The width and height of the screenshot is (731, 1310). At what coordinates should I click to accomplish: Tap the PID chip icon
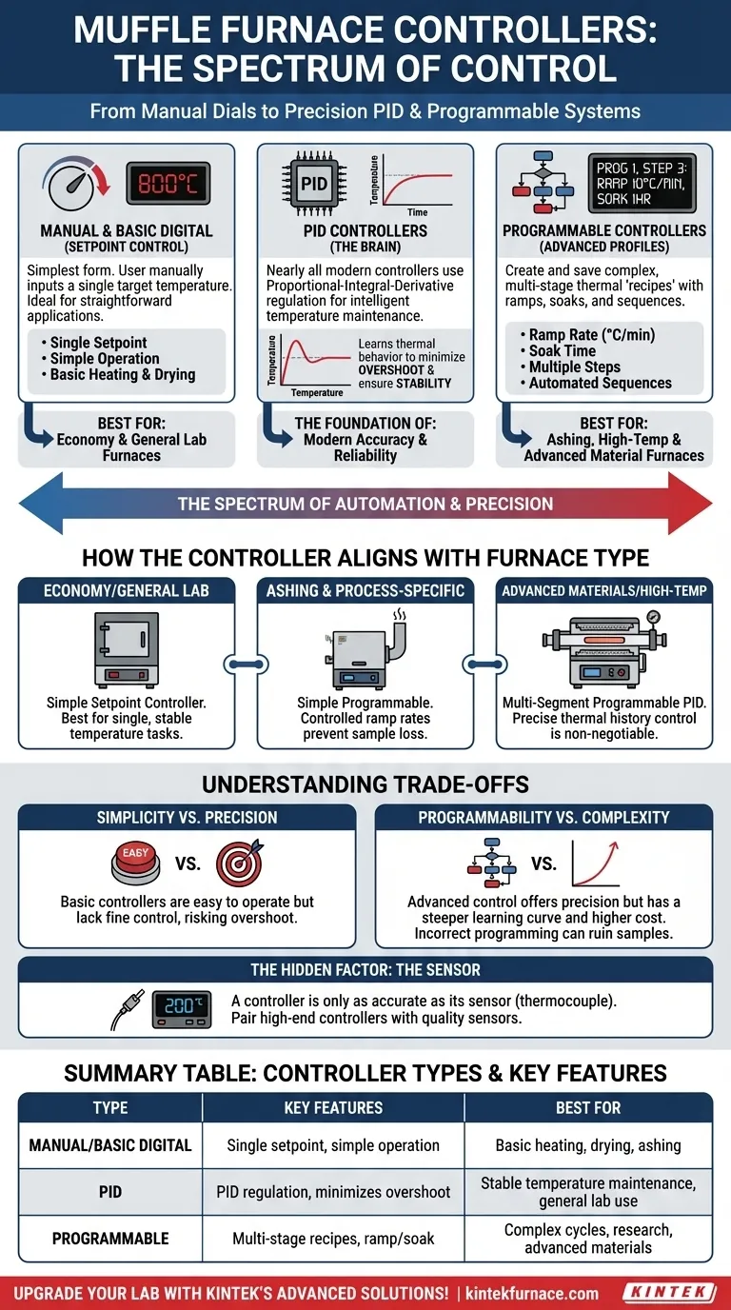312,183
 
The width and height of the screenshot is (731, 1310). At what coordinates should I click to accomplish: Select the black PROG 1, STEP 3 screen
641,183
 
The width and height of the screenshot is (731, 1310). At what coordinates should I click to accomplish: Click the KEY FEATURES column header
333,1107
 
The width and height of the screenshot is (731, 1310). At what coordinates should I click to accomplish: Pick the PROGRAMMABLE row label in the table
110,1239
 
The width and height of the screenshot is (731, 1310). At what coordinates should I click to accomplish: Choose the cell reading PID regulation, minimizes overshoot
333,1192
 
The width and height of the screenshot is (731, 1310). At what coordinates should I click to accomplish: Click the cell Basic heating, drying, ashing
588,1145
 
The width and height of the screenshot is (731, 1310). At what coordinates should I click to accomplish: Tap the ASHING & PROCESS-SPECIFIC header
365,590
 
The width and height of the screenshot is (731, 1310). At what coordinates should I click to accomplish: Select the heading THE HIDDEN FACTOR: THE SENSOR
365,969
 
